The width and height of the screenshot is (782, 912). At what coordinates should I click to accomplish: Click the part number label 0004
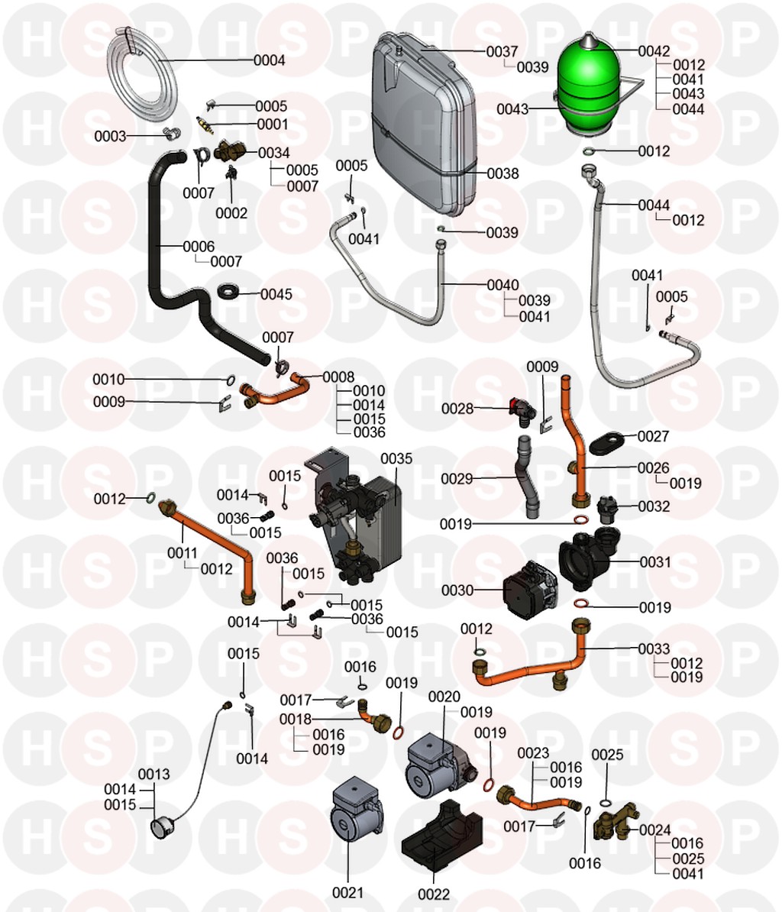(270, 60)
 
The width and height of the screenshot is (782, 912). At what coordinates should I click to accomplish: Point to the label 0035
(396, 459)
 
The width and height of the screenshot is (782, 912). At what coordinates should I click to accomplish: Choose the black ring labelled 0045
(230, 293)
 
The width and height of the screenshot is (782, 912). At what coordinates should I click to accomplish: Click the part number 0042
(654, 51)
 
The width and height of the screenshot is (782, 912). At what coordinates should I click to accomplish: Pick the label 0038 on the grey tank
(502, 174)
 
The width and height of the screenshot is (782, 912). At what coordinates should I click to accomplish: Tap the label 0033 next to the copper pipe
(654, 649)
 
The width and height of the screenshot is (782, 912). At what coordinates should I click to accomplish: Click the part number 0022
(435, 894)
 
